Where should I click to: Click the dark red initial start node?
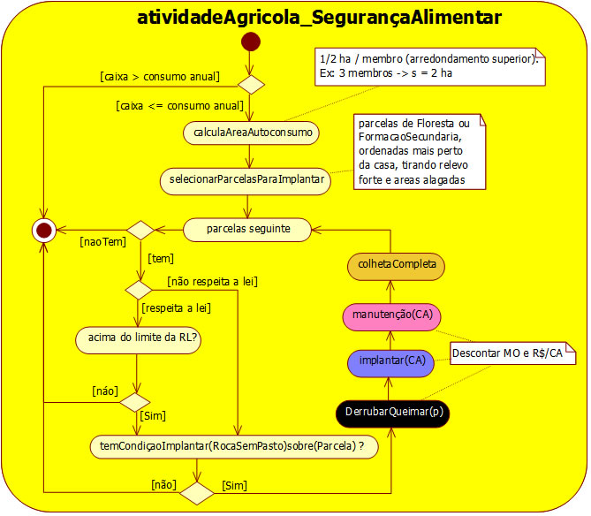pos(251,42)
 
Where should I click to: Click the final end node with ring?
pos(43,230)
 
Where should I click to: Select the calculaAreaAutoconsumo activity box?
pos(252,133)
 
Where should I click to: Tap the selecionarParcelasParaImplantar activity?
pos(246,180)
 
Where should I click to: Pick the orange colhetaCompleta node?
pos(390,264)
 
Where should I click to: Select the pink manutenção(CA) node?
pos(390,314)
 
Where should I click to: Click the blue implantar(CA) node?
pos(390,360)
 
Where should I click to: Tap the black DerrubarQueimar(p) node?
pos(390,412)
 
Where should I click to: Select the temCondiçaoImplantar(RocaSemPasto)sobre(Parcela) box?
pos(233,447)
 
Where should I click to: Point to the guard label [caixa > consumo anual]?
pos(160,75)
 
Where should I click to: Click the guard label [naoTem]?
pos(102,240)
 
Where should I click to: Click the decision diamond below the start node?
pos(251,85)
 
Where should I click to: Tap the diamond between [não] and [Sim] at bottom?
pos(197,492)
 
